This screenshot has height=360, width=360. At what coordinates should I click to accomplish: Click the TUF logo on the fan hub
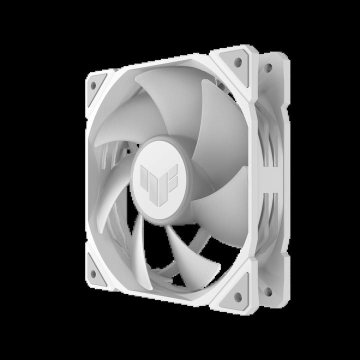pyautogui.click(x=158, y=174)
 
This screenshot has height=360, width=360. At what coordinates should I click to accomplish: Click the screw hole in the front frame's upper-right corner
pyautogui.click(x=237, y=62)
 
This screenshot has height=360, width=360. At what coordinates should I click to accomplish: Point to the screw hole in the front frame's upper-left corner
pyautogui.click(x=93, y=85)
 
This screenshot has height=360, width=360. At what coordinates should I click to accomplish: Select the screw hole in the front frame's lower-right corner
pyautogui.click(x=237, y=297)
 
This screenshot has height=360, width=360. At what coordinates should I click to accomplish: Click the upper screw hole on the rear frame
pyautogui.click(x=268, y=67)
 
